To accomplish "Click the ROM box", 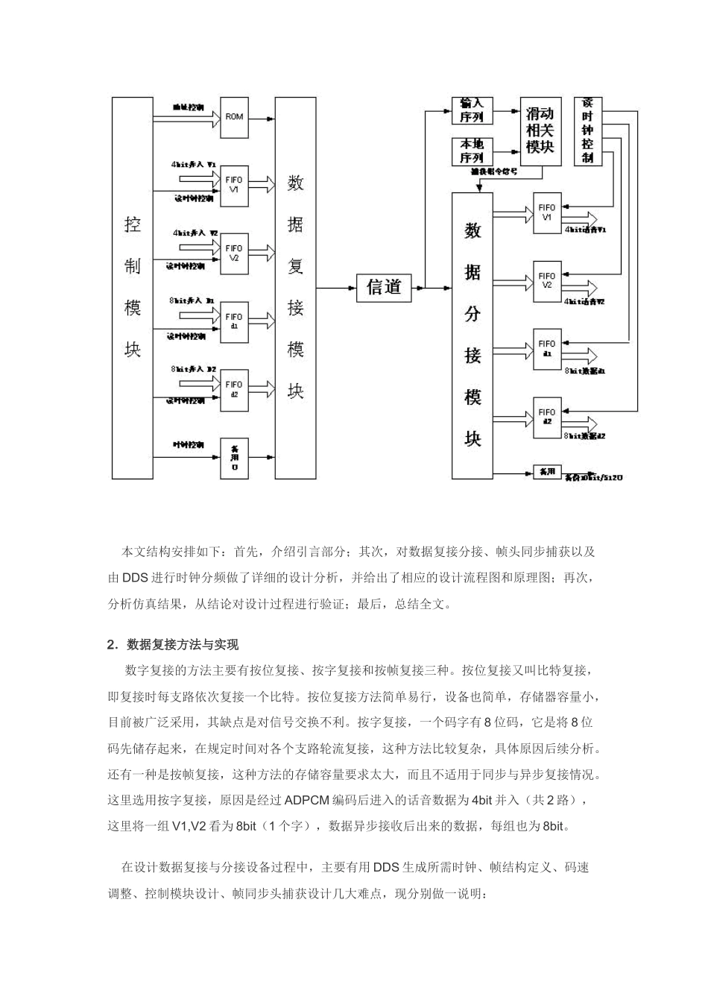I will click(234, 117).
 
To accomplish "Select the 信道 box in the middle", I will click(384, 286).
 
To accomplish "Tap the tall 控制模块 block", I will click(132, 288).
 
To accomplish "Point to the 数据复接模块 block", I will click(296, 288).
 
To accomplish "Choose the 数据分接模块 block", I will click(472, 335).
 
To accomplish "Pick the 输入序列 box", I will click(472, 110).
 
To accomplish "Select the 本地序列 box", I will click(472, 151).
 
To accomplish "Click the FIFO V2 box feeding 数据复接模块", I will click(234, 253).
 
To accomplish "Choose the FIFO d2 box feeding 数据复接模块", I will click(234, 389).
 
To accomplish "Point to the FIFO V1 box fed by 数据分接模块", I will click(547, 212).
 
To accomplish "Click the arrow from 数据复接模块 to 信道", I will click(337, 287).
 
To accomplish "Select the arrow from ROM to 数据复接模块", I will click(262, 117).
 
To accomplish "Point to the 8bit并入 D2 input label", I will click(193, 369).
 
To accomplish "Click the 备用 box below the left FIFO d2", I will click(234, 458).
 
